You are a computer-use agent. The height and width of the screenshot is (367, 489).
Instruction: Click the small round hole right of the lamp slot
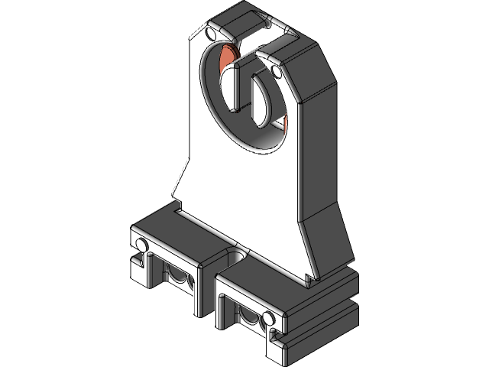[275, 73]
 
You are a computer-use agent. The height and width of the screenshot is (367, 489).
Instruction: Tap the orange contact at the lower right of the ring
[283, 122]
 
